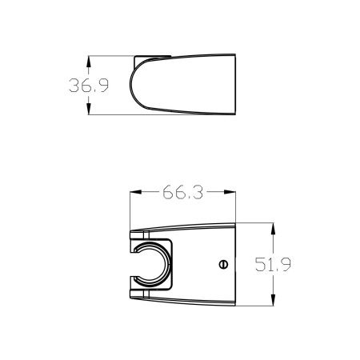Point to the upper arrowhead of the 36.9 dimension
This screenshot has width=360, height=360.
tap(88, 59)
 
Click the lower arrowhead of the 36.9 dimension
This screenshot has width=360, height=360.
tap(88, 112)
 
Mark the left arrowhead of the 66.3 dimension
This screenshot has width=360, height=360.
tap(134, 192)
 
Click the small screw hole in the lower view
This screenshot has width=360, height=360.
tap(222, 263)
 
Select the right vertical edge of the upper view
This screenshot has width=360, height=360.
tap(234, 85)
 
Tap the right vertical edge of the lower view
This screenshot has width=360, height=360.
tap(234, 264)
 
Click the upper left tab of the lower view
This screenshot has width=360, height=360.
tap(136, 237)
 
